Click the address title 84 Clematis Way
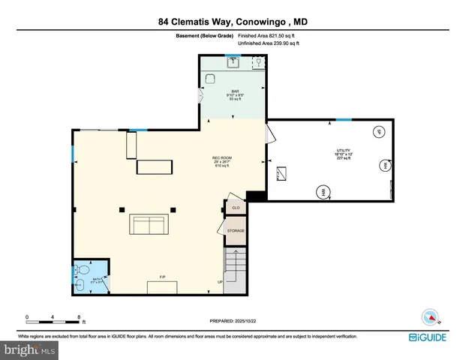pyautogui.click(x=233, y=22)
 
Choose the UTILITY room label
pyautogui.click(x=343, y=152)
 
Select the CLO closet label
pyautogui.click(x=235, y=208)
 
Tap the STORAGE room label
pyautogui.click(x=236, y=230)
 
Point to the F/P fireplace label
pyautogui.click(x=162, y=278)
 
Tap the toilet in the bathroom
pyautogui.click(x=83, y=269)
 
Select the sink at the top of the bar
pyautogui.click(x=233, y=61)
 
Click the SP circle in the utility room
pyautogui.click(x=379, y=132)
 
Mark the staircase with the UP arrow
pyautogui.click(x=235, y=270)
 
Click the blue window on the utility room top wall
pyautogui.click(x=343, y=119)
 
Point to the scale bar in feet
pyautogui.click(x=53, y=317)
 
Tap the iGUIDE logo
pyautogui.click(x=428, y=337)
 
